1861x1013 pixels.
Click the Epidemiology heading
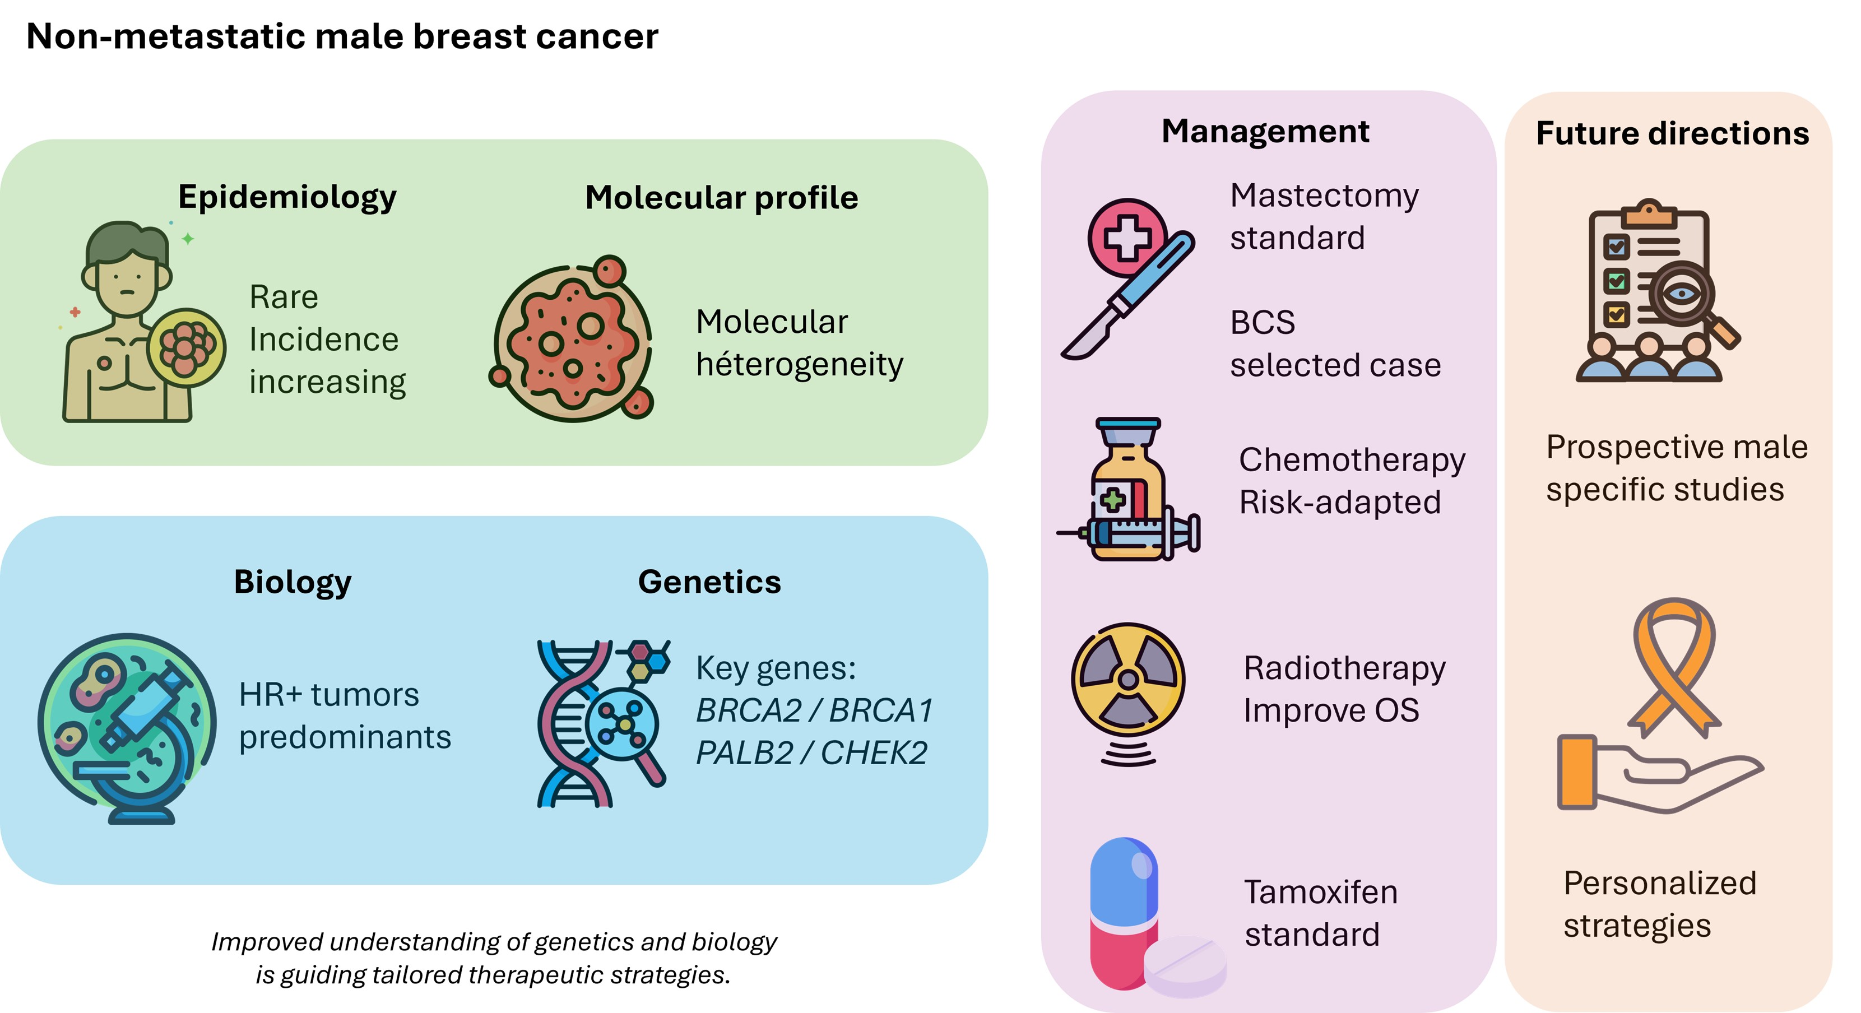coord(287,197)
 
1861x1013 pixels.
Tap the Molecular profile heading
coord(721,197)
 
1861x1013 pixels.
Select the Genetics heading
coord(709,582)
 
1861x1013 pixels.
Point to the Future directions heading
coord(1672,134)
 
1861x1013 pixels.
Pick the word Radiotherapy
coord(1344,668)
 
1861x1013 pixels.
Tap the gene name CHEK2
coord(874,753)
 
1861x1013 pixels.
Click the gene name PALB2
coord(744,753)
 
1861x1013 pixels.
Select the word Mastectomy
coord(1324,196)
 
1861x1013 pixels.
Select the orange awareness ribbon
coord(1674,665)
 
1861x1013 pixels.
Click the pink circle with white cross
coord(1126,237)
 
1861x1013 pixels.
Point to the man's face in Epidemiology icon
coord(127,282)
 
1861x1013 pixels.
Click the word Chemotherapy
coord(1352,460)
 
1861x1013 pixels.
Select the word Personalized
coord(1659,884)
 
